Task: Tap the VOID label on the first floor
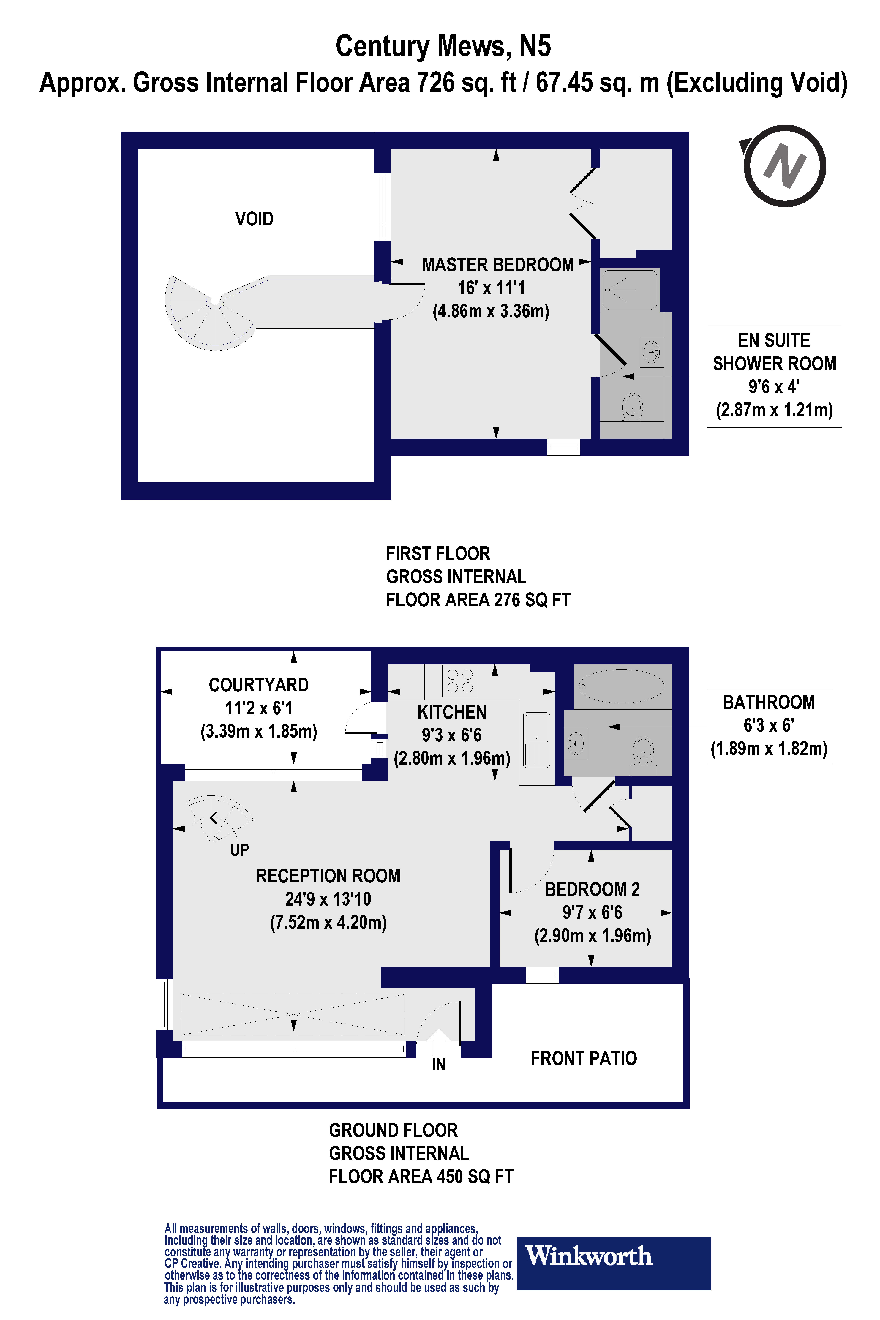pyautogui.click(x=254, y=219)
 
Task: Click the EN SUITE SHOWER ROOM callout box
pyautogui.click(x=774, y=376)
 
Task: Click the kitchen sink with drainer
pyautogui.click(x=536, y=740)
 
